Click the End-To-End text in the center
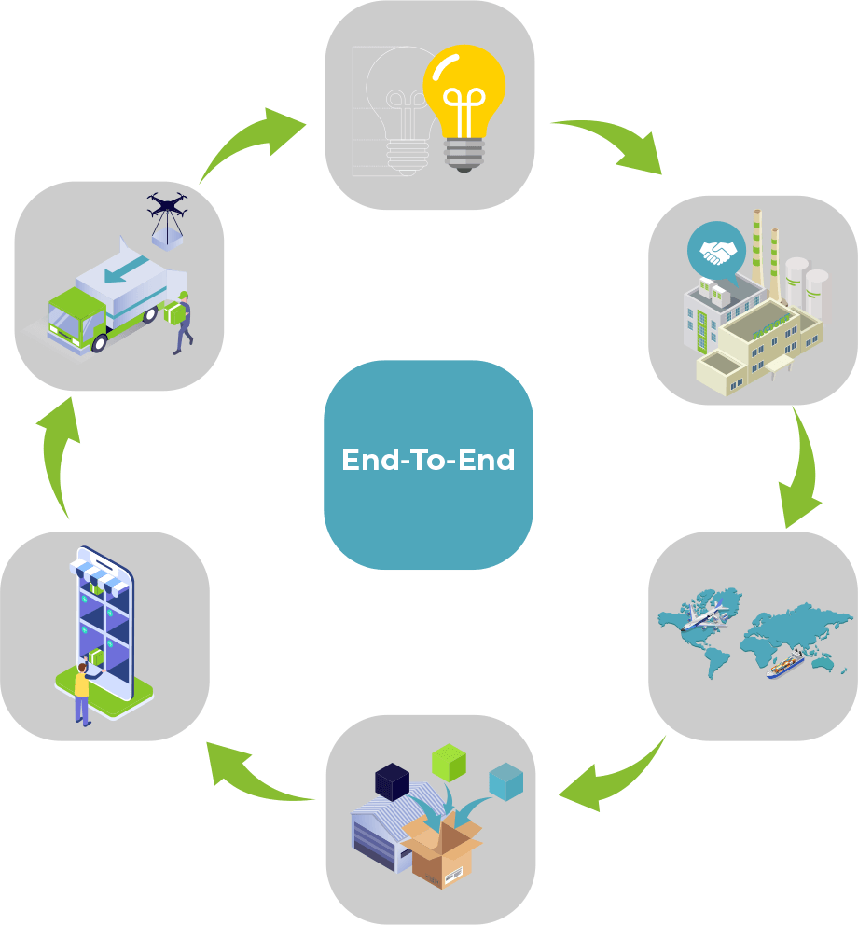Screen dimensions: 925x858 pos(428,461)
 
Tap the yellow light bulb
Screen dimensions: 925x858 pos(464,103)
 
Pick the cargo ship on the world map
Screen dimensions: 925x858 pos(784,666)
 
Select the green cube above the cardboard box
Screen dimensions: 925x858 pos(449,762)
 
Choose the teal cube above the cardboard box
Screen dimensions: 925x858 pos(505,781)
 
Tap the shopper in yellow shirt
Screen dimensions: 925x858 pos(82,691)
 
